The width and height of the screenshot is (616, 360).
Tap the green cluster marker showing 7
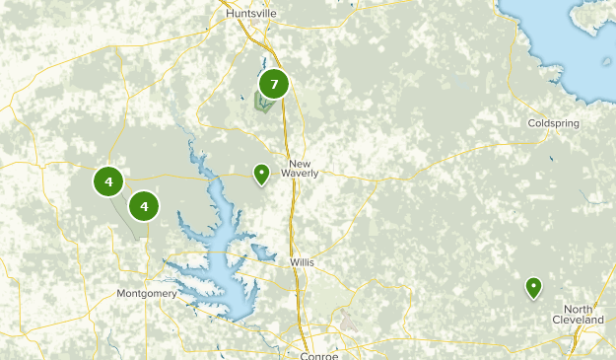[273, 84]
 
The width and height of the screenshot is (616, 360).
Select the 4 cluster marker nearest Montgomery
[144, 206]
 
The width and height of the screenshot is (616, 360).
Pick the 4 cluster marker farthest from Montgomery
[108, 181]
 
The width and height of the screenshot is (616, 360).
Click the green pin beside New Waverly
[261, 175]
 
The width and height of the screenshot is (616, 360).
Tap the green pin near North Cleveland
[533, 287]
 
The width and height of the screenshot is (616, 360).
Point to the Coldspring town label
[553, 123]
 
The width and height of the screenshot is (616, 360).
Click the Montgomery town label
[146, 293]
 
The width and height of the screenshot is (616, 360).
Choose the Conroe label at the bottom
[319, 355]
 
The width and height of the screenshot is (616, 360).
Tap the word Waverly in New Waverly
[301, 173]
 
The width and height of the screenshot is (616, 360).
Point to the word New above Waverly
[300, 162]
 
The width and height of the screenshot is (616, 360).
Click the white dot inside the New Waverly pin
[261, 172]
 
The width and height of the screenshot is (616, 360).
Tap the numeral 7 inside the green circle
[273, 84]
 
